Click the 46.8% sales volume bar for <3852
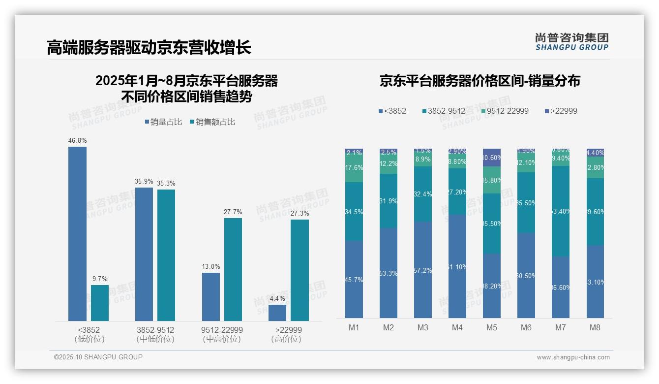pyautogui.click(x=77, y=234)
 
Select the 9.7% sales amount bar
pyautogui.click(x=100, y=303)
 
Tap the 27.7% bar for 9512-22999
pyautogui.click(x=233, y=269)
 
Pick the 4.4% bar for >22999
pyautogui.click(x=277, y=313)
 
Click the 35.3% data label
pyautogui.click(x=166, y=184)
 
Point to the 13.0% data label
pyautogui.click(x=211, y=267)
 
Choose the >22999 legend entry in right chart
pyautogui.click(x=561, y=111)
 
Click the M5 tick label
pyautogui.click(x=491, y=328)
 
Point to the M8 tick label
pyautogui.click(x=595, y=328)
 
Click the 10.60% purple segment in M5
pyautogui.click(x=492, y=158)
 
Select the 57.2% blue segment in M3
pyautogui.click(x=423, y=270)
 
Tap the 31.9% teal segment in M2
pyautogui.click(x=389, y=201)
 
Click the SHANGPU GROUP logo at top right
pyautogui.click(x=572, y=42)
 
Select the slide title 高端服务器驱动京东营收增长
pyautogui.click(x=149, y=48)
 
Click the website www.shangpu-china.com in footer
pyautogui.click(x=573, y=357)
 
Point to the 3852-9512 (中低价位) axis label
pyautogui.click(x=155, y=334)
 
